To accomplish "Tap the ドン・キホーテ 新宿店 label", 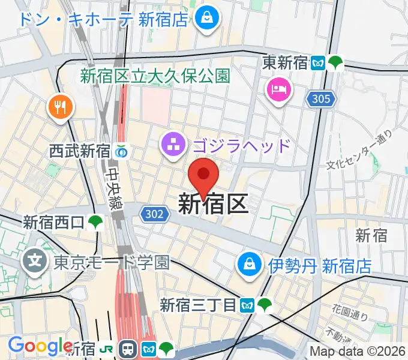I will [104, 19].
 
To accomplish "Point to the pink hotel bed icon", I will [278, 91].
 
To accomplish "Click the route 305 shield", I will [321, 99].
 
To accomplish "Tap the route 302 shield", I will [153, 213].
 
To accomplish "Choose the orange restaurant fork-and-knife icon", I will [61, 108].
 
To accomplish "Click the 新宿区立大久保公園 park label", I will [155, 76].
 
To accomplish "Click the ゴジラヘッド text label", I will [241, 145].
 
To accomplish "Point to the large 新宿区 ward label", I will [213, 205].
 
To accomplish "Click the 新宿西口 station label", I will [54, 223].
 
